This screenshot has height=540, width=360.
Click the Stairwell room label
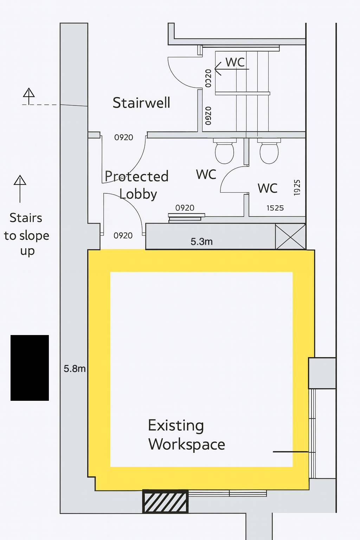coord(141,103)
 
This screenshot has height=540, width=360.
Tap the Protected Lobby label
coord(137,185)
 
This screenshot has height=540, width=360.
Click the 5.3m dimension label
coord(201,241)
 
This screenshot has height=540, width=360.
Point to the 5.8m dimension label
coord(75,368)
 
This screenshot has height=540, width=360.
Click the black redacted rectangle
coord(30,368)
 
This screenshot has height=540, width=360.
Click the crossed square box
coord(290,236)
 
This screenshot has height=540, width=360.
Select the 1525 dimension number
coord(275,208)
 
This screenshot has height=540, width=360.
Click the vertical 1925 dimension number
coord(297,187)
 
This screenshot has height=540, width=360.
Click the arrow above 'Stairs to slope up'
coord(20,189)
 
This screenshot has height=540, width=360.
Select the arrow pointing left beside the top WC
coord(231,69)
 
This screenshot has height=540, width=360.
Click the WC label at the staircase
coord(235,62)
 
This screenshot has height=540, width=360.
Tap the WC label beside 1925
coord(268,188)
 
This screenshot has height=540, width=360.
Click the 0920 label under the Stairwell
coord(123,137)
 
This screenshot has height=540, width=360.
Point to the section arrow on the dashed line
coord(29,96)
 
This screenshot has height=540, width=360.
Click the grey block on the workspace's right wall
coord(322,373)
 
